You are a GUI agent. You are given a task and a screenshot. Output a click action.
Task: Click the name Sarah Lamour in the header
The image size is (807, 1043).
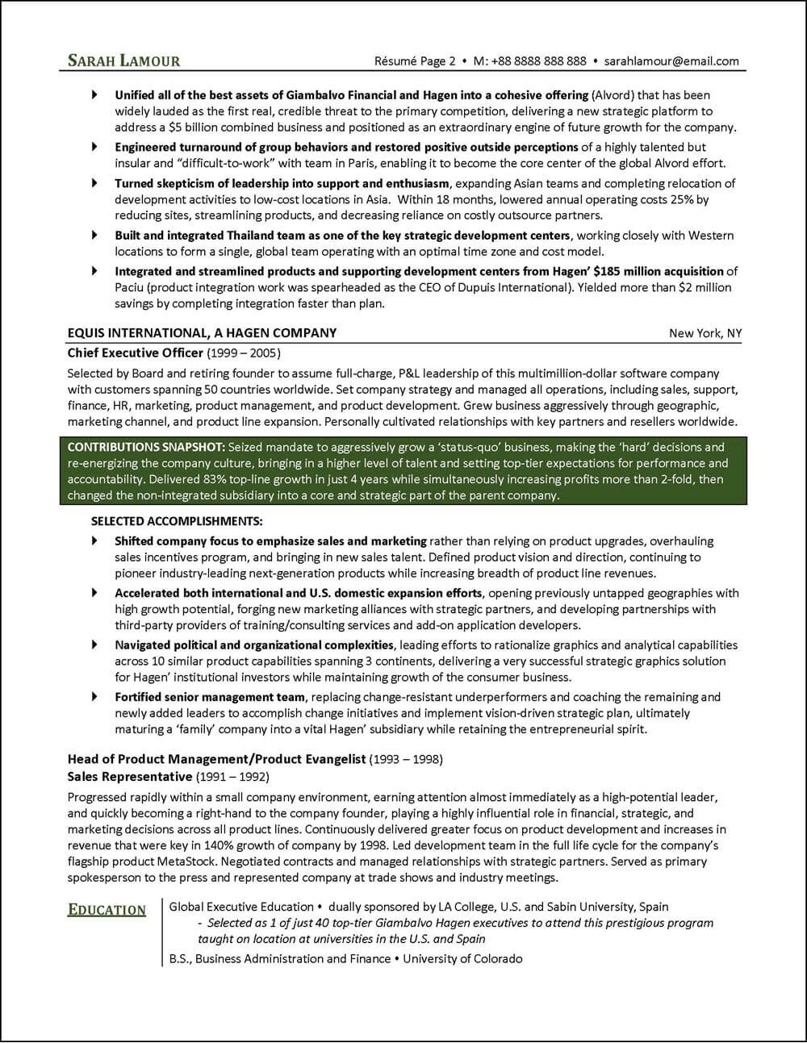pyautogui.click(x=123, y=60)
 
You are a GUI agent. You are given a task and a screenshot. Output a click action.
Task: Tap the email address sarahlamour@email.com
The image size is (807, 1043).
pyautogui.click(x=671, y=60)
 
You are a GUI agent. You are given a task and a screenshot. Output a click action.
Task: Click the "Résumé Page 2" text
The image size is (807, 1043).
pyautogui.click(x=415, y=60)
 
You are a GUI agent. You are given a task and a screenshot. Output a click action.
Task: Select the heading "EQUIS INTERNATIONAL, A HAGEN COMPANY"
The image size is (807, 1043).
pyautogui.click(x=202, y=333)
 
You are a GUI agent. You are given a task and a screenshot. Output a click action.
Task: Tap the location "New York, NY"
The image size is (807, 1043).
pyautogui.click(x=705, y=334)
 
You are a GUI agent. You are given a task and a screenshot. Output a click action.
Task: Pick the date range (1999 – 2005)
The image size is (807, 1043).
pyautogui.click(x=245, y=353)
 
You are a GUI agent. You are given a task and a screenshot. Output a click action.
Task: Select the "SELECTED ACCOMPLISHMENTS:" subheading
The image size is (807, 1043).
pyautogui.click(x=177, y=521)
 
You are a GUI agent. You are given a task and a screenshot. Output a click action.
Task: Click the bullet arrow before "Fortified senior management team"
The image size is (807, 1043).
pyautogui.click(x=95, y=696)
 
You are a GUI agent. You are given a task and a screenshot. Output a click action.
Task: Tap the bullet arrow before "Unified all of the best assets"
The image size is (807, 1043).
pyautogui.click(x=95, y=94)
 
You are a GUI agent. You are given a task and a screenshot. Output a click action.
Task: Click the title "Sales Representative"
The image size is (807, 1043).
pyautogui.click(x=130, y=776)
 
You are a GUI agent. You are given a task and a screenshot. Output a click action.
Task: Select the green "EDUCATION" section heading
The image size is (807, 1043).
pyautogui.click(x=107, y=910)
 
